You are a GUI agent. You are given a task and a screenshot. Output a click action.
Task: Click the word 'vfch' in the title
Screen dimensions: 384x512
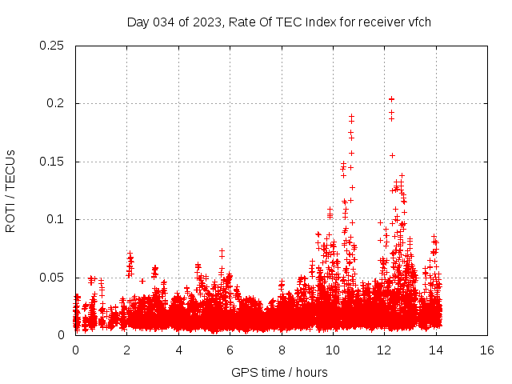418,22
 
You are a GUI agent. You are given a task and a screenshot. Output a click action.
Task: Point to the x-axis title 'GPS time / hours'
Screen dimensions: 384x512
279,372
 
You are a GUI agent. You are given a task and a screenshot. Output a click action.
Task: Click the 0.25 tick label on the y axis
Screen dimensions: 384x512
53,46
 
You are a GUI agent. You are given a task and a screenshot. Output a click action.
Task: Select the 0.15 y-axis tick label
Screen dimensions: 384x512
53,162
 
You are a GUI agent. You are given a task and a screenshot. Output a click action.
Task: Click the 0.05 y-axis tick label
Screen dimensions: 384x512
53,278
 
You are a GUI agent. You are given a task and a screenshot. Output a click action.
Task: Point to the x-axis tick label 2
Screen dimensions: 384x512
127,350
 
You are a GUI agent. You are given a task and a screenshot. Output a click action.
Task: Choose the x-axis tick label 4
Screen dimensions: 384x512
178,350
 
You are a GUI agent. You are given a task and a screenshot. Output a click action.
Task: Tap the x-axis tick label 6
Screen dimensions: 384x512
230,350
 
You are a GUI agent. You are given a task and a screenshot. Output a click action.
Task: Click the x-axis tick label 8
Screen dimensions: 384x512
282,350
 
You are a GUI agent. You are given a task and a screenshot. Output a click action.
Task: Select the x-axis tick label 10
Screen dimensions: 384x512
333,350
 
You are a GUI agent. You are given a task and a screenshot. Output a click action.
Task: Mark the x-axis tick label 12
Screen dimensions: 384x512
385,350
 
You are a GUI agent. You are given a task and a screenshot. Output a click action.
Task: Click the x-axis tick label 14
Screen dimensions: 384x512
436,350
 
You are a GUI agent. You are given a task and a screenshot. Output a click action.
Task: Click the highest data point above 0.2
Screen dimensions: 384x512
391,99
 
